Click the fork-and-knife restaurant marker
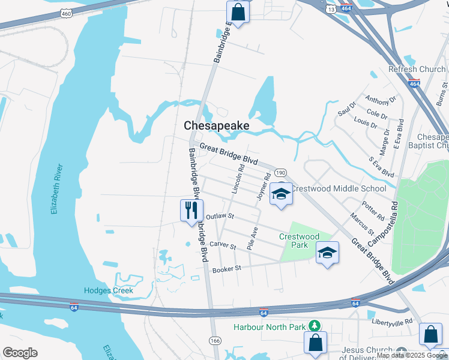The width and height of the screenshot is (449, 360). [x=191, y=211]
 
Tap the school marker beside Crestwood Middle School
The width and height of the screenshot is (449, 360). [x=280, y=194]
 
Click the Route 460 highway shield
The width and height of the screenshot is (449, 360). [x=66, y=13]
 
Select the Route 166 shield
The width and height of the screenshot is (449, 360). [x=214, y=340]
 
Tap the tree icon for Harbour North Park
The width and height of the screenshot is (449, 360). [x=314, y=326]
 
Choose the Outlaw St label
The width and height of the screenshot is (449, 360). [x=219, y=216]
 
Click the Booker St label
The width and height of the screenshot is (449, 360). [x=226, y=269]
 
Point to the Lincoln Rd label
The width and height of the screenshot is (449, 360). [x=238, y=179]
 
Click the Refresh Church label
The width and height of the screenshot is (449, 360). [x=417, y=69]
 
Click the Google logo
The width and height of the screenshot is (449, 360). [x=20, y=353]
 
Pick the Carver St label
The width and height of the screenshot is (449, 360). [x=222, y=245]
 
